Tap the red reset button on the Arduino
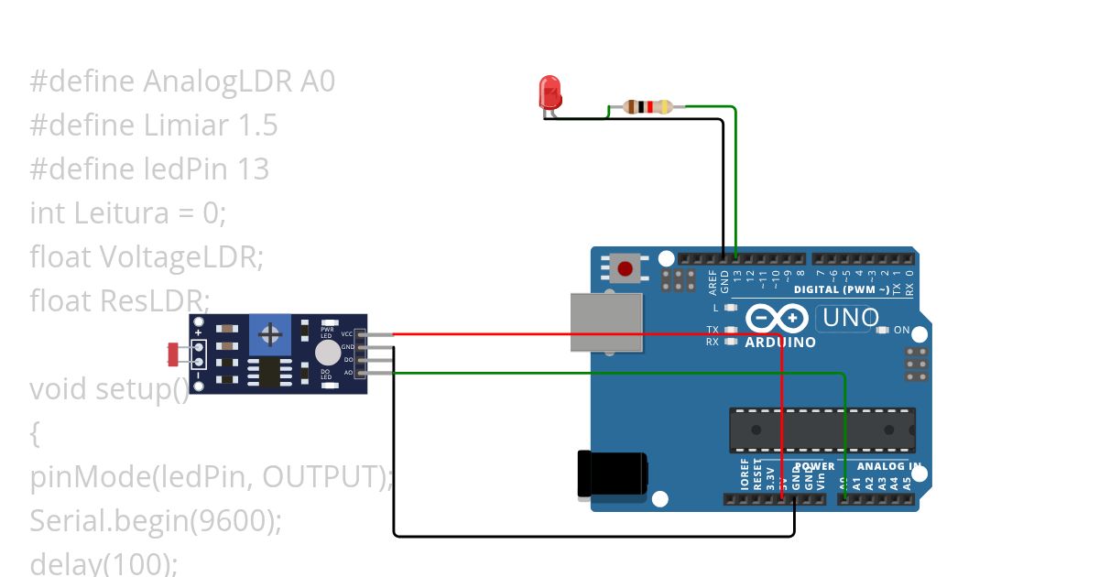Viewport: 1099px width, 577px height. (625, 268)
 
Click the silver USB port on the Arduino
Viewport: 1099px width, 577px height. (605, 321)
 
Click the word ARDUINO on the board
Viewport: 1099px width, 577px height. (779, 343)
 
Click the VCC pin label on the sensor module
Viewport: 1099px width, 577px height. (347, 334)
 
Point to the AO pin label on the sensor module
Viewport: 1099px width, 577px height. (348, 373)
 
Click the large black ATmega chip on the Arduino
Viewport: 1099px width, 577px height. (822, 430)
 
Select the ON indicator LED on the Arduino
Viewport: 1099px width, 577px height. (883, 330)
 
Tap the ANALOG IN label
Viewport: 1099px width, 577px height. (888, 466)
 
